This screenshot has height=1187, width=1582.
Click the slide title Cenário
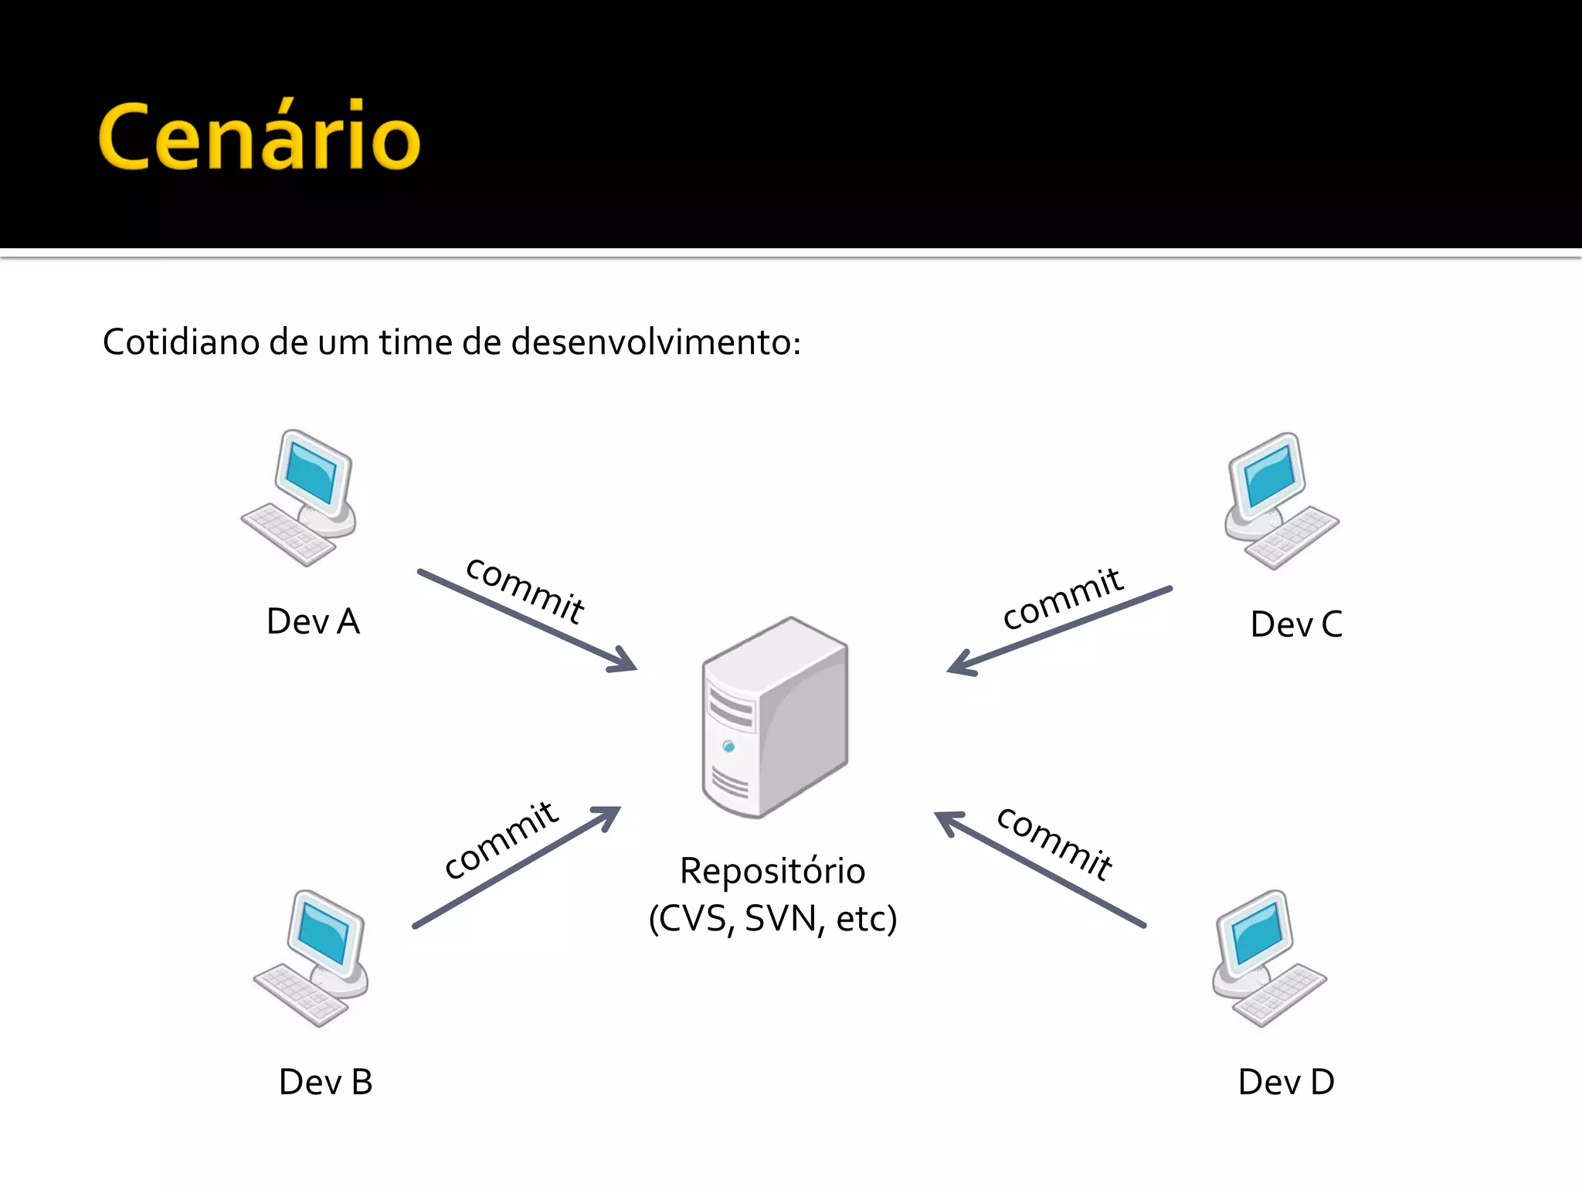259,137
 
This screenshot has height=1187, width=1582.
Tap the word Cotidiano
181,342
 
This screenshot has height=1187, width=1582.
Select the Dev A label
313,621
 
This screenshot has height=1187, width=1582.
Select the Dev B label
325,1082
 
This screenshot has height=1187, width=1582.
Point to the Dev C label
1295,624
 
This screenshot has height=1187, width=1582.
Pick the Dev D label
1285,1082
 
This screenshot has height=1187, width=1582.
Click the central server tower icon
775,717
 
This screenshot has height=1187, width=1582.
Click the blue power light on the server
728,747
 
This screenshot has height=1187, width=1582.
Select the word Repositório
772,871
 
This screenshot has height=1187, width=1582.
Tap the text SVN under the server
780,919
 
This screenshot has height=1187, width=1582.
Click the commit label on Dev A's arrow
525,590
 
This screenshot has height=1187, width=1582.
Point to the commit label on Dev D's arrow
1054,843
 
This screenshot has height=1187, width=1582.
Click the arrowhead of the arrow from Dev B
609,816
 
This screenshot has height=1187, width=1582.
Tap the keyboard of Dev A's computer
287,535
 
